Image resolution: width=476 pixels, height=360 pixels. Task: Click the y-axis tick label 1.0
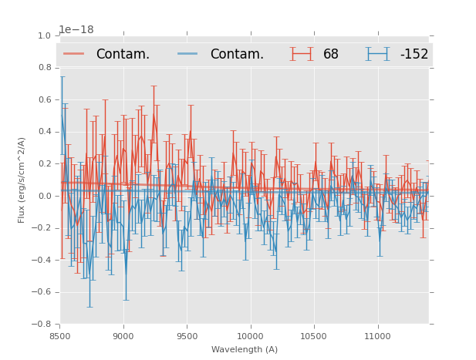(45, 35)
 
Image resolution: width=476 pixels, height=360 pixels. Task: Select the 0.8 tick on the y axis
(45, 68)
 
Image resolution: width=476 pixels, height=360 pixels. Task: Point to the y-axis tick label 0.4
(45, 132)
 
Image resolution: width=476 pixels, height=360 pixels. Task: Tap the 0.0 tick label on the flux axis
(45, 196)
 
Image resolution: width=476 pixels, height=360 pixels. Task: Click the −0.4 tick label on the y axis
(42, 260)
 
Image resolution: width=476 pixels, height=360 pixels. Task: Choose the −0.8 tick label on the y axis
(42, 324)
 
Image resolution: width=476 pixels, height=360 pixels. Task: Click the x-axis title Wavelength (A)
(245, 349)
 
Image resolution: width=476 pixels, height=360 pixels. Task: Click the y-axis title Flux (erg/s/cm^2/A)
(22, 180)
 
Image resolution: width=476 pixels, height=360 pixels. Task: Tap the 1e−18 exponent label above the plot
(76, 29)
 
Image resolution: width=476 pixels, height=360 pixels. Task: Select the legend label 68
(331, 55)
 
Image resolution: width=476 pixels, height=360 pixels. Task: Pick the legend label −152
(414, 55)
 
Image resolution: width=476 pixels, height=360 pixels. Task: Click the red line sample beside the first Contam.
(74, 54)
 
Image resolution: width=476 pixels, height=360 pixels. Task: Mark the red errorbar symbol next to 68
(302, 54)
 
